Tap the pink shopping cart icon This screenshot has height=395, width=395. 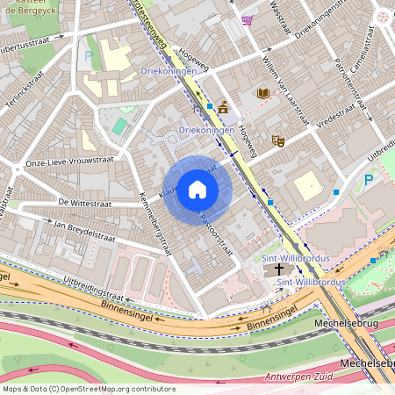[x=248, y=19]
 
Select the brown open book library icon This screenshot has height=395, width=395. [x=262, y=92]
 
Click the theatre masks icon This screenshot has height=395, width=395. [x=278, y=140]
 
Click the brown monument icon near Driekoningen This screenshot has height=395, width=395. [x=224, y=108]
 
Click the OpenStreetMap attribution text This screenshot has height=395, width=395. [x=89, y=388]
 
